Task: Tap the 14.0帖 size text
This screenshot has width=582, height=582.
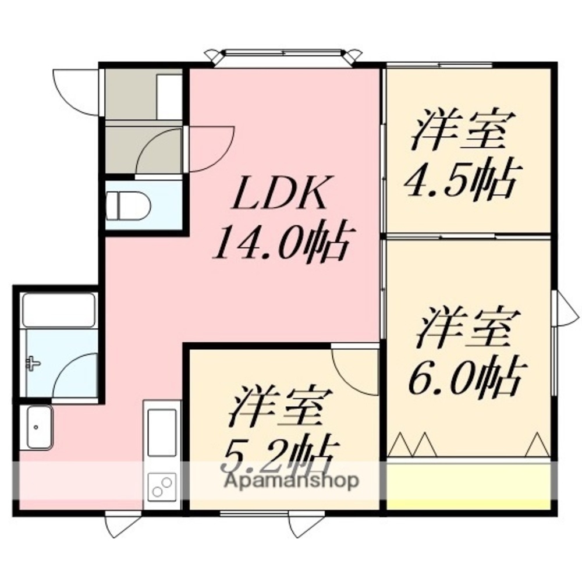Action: coord(283,243)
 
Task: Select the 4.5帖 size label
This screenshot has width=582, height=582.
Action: coord(460,180)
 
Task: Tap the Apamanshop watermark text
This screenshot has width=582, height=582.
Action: coord(292,481)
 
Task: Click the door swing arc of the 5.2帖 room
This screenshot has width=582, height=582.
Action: coord(352,370)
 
